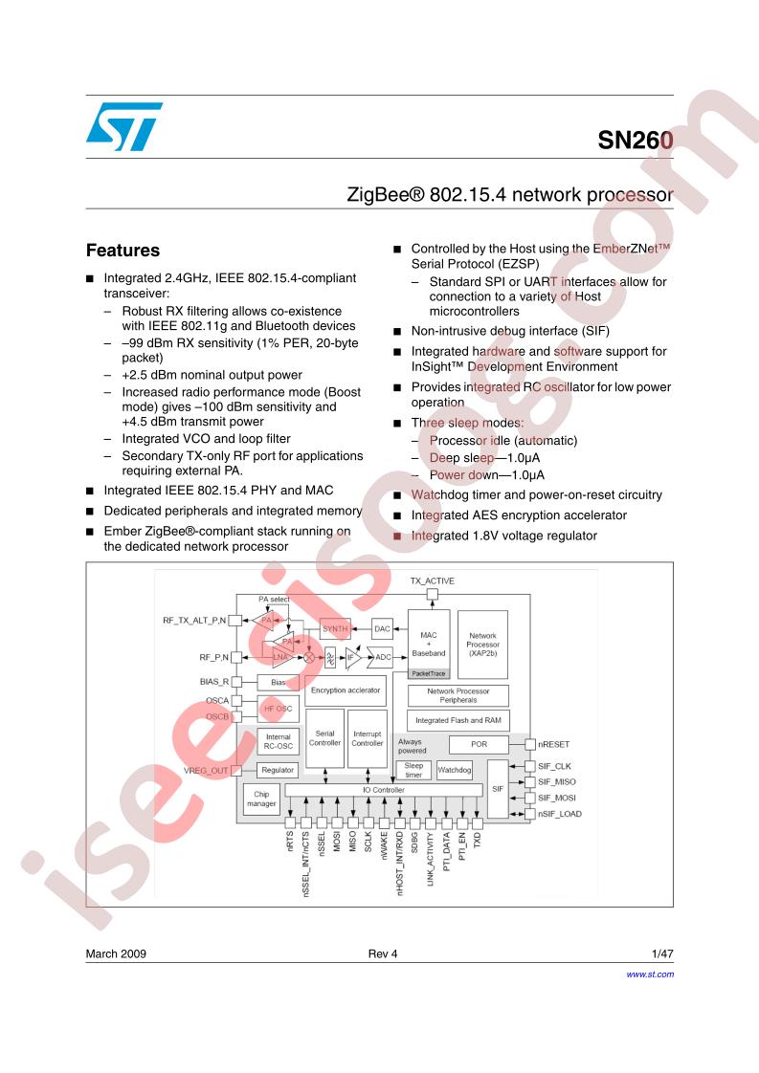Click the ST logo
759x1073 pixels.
pyautogui.click(x=124, y=126)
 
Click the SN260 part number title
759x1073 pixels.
pyautogui.click(x=635, y=141)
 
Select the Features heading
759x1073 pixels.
pyautogui.click(x=123, y=251)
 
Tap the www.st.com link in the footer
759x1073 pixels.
pyautogui.click(x=649, y=974)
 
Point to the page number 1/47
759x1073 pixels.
pyautogui.click(x=662, y=953)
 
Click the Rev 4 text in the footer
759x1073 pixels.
pyautogui.click(x=382, y=953)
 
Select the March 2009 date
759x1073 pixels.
pyautogui.click(x=116, y=953)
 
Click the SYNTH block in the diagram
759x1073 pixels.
pyautogui.click(x=335, y=629)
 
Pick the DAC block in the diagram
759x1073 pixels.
pyautogui.click(x=382, y=629)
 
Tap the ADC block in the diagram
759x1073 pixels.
pyautogui.click(x=381, y=657)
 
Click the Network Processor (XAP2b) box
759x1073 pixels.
pyautogui.click(x=483, y=644)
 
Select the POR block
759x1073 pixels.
pyautogui.click(x=479, y=744)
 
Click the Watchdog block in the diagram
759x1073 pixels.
pyautogui.click(x=455, y=770)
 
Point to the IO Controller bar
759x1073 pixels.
pyautogui.click(x=384, y=790)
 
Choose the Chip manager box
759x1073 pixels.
pyautogui.click(x=261, y=799)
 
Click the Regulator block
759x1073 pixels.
pyautogui.click(x=278, y=770)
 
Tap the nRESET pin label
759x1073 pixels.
pyautogui.click(x=553, y=745)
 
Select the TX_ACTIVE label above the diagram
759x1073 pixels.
pyautogui.click(x=433, y=581)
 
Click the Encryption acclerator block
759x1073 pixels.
pyautogui.click(x=346, y=690)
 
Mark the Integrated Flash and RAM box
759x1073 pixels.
pyautogui.click(x=458, y=720)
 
